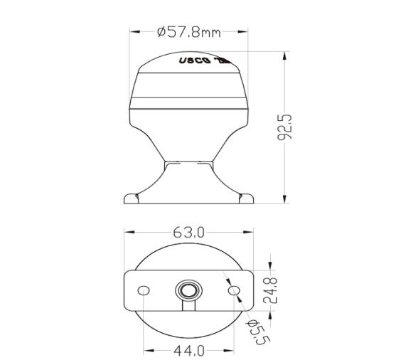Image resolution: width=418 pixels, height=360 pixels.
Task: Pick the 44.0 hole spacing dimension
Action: [189, 350]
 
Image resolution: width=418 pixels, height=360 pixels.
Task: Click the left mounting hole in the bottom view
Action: [144, 290]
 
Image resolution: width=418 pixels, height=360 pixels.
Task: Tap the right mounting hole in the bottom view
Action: [235, 290]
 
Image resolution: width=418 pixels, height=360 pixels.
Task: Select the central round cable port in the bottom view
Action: [189, 290]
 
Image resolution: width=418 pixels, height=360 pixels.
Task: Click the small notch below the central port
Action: [189, 306]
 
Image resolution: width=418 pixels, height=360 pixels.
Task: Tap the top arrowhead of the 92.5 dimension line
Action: [286, 54]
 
